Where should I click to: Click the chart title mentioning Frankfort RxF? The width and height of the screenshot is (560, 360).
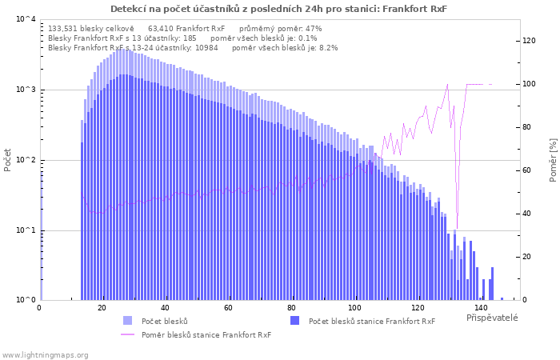[278, 9]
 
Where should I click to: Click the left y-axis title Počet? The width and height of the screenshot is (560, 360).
[8, 159]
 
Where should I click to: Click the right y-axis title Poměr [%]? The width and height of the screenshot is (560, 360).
[553, 159]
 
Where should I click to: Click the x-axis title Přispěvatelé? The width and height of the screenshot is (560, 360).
[492, 318]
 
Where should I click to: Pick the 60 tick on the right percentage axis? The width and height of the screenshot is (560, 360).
[529, 170]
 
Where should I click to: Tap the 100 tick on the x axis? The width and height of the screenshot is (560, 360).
[354, 308]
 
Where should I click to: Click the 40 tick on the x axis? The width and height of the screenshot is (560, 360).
[165, 308]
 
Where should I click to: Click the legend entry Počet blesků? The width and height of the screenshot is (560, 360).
[164, 321]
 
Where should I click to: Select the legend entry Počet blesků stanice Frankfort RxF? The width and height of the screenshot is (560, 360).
[371, 321]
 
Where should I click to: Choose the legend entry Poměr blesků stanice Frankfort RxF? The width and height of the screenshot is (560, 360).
[206, 334]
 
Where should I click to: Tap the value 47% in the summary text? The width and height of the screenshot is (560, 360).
[313, 28]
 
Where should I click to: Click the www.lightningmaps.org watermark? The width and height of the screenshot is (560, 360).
[45, 354]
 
